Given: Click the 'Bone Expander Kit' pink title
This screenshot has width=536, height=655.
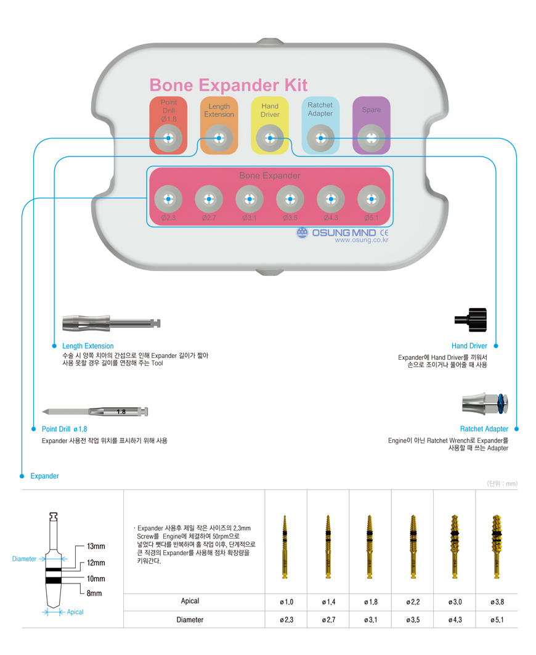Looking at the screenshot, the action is point(228,85).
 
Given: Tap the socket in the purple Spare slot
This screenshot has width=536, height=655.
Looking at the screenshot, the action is point(372,138).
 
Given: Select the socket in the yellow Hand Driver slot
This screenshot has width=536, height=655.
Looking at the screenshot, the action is point(270,138).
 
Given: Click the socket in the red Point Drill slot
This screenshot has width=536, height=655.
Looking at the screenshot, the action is point(168,138).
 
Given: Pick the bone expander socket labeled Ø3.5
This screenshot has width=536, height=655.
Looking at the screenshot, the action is point(290,199).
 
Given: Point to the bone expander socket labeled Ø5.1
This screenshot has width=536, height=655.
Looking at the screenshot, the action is point(372,199).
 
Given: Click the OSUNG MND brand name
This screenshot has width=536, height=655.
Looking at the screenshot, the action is point(344,233).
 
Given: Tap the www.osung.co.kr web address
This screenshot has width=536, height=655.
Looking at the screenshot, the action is point(362,240).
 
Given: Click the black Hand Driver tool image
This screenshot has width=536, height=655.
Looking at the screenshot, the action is point(471,320).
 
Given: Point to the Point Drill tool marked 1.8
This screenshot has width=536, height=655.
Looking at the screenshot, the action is point(95,412).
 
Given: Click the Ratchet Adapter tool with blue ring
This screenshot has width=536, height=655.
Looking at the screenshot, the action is point(485,404).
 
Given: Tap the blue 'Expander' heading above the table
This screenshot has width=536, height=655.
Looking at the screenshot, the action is point(45,476).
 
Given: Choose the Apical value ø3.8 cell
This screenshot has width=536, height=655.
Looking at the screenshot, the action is point(497,602).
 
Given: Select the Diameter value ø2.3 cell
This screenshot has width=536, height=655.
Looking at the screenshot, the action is point(286,620).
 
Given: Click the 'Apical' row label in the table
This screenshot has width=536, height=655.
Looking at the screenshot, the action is point(190,601).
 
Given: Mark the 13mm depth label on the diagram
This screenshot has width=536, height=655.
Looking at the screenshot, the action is point(96,547).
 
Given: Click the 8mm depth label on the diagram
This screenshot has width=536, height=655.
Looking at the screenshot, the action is point(94,593).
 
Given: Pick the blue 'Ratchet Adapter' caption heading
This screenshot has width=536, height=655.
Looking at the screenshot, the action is point(484,429).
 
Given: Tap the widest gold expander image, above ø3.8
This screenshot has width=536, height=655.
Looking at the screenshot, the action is point(497,547).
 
